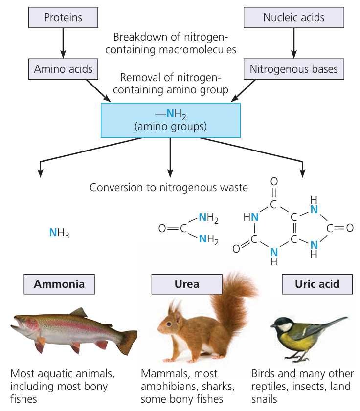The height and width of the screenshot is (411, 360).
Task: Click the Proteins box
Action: click(x=63, y=18)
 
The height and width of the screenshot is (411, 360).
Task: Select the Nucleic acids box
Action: click(x=293, y=18)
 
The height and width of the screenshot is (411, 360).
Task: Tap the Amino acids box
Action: click(x=63, y=69)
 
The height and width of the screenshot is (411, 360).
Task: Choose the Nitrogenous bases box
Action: click(x=293, y=69)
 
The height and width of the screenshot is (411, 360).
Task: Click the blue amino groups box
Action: click(x=171, y=120)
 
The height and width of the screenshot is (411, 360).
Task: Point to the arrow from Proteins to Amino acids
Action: click(x=63, y=43)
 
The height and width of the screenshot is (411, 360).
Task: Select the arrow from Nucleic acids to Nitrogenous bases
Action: click(x=293, y=43)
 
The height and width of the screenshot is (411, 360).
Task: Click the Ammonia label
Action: click(x=59, y=284)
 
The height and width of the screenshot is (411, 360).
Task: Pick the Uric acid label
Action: click(x=317, y=284)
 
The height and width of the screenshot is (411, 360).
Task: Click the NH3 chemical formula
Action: click(x=59, y=233)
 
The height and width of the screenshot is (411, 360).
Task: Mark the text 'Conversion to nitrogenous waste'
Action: click(x=169, y=187)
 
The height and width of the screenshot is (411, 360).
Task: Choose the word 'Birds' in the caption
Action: click(x=264, y=374)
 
